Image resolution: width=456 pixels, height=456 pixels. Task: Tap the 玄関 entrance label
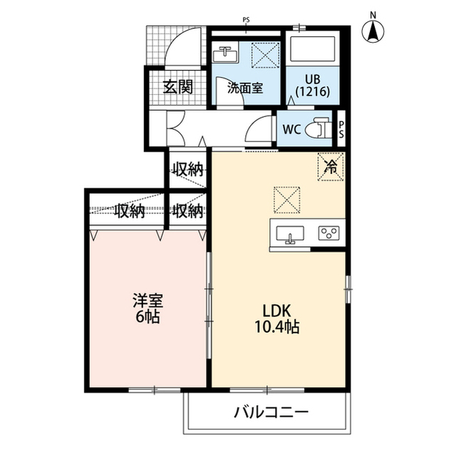click(x=177, y=87)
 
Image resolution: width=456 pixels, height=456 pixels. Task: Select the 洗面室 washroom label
click(x=245, y=88)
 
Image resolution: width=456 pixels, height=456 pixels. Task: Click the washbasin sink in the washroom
click(x=224, y=54)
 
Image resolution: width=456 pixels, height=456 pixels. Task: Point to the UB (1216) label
click(x=313, y=86)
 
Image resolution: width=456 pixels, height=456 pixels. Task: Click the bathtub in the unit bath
click(x=313, y=47)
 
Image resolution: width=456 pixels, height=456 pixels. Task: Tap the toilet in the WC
click(x=319, y=128)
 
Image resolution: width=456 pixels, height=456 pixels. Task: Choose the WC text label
click(x=291, y=129)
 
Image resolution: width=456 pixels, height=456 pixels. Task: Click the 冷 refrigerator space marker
click(x=331, y=167)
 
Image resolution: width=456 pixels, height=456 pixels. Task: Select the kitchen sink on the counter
click(x=290, y=234)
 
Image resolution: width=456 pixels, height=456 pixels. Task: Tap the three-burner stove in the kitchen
click(x=329, y=233)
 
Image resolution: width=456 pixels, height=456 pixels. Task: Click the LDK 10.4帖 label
click(x=277, y=318)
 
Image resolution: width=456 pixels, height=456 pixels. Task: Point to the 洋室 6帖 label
click(x=147, y=309)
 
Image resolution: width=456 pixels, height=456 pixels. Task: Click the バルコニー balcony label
click(x=271, y=412)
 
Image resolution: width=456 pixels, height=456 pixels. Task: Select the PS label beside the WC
click(x=341, y=129)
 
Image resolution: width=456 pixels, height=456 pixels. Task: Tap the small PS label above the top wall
click(x=246, y=20)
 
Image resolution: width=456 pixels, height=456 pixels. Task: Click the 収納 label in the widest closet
click(x=130, y=211)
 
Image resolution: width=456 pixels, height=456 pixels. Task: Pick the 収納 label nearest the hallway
click(x=188, y=169)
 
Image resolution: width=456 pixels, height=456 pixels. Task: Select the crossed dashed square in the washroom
click(x=265, y=55)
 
